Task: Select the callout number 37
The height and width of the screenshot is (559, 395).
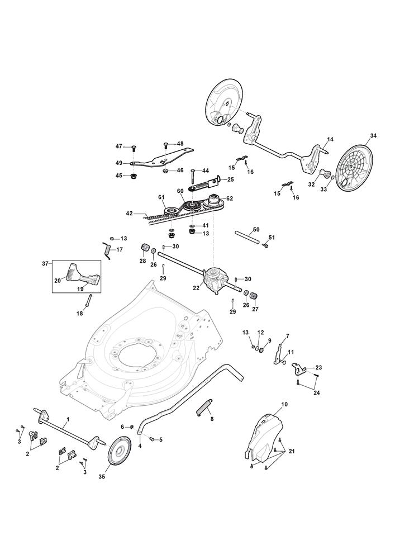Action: tap(46, 263)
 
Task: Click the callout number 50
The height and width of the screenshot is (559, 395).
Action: tap(256, 230)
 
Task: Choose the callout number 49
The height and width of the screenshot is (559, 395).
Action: tap(119, 163)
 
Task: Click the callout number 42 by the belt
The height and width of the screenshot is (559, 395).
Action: tap(129, 213)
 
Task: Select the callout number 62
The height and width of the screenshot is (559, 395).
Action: tap(230, 198)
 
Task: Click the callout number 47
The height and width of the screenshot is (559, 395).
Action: tap(119, 146)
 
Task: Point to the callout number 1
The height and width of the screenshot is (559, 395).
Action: tap(68, 418)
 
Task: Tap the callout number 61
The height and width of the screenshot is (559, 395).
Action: tap(161, 197)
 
